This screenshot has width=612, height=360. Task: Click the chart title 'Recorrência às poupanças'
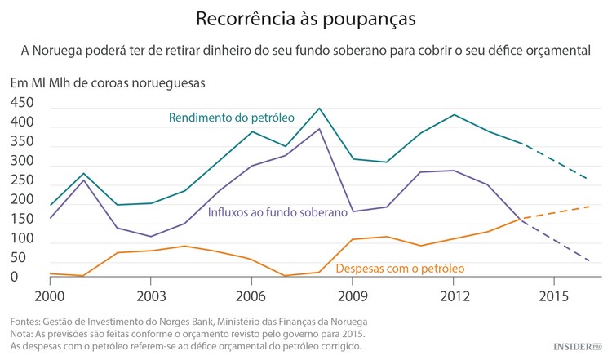pos(305,17)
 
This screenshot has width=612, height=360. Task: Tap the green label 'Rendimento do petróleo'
pos(231,118)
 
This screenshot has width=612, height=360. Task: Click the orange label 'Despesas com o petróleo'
pos(400,267)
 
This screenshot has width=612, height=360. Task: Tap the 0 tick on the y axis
pos(14,278)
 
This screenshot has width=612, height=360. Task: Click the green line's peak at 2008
pos(319,108)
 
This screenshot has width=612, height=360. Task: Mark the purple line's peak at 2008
pos(319,129)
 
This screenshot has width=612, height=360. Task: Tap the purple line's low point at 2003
pos(151,237)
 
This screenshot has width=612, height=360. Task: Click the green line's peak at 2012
pos(454,114)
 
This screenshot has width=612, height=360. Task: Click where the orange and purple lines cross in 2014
pos(522,218)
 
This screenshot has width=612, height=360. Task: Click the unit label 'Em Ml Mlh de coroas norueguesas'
pos(107,82)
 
